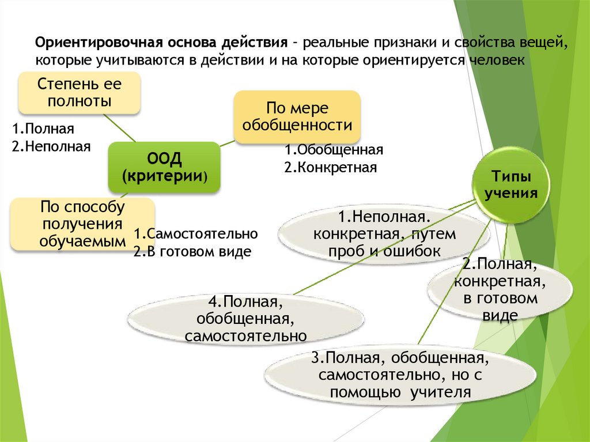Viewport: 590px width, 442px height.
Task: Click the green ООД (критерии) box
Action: [164, 167]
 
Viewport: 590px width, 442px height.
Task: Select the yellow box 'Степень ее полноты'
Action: [80, 93]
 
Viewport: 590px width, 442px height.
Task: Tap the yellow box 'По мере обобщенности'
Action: [297, 117]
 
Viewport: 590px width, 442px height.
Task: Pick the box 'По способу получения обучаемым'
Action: [82, 224]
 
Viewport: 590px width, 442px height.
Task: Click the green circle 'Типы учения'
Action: [511, 185]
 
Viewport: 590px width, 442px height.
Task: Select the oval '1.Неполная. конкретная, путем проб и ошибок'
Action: [384, 235]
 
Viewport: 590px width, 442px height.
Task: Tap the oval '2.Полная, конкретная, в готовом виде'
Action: [500, 290]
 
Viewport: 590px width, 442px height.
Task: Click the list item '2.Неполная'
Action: [51, 146]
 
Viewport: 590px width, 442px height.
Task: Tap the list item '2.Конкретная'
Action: [330, 168]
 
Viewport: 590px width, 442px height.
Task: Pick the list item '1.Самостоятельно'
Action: [195, 234]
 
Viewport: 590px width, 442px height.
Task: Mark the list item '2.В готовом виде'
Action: [192, 252]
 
